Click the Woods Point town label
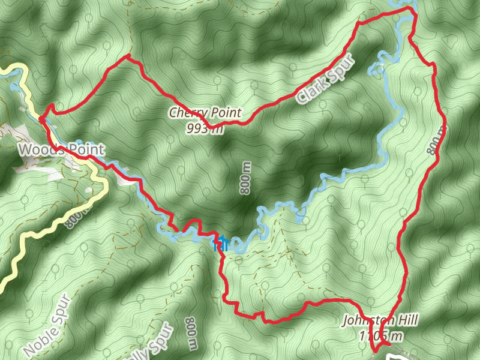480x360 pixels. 61,149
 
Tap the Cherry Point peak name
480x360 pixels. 205,112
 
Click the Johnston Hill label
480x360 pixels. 380,320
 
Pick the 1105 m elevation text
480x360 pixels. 380,335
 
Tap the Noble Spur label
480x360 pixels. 48,327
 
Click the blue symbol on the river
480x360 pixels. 221,243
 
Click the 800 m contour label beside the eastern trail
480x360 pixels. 436,140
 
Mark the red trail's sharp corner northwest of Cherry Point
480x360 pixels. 128,56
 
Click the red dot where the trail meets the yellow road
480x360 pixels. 40,119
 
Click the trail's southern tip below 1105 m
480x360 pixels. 376,352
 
